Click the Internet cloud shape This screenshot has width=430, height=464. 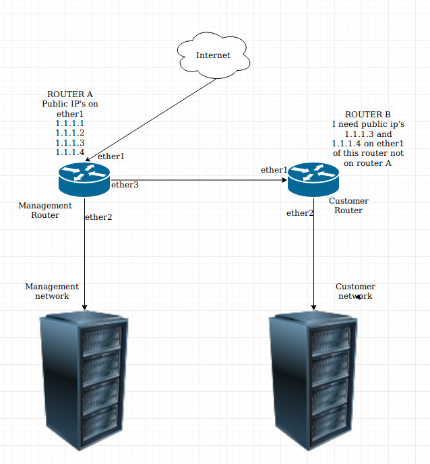tap(213, 55)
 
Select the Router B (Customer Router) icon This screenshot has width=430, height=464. tap(313, 180)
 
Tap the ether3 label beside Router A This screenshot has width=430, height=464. tap(125, 185)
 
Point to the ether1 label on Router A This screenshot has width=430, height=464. tap(111, 156)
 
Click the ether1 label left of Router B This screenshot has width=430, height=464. tap(274, 170)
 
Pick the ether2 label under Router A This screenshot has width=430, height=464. tap(98, 217)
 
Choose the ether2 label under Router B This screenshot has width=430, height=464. tap(300, 213)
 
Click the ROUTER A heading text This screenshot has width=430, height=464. tap(69, 94)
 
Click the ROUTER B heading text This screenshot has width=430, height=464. tap(367, 115)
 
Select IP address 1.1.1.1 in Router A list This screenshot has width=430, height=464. tap(69, 124)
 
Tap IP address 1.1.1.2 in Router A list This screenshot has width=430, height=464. tap(69, 134)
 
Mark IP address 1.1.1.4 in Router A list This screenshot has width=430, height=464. tap(69, 153)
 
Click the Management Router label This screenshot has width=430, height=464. tap(45, 210)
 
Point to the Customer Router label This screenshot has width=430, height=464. tap(348, 206)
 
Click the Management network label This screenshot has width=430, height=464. tap(52, 291)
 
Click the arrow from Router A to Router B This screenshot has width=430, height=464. tap(202, 180)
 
